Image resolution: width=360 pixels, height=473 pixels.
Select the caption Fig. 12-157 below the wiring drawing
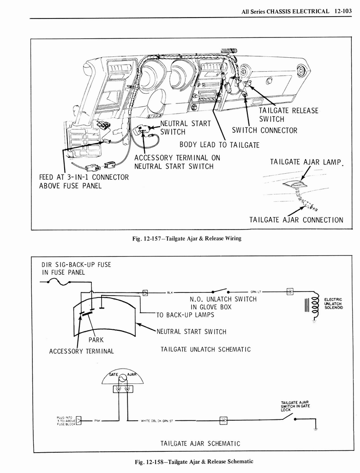coord(186,239)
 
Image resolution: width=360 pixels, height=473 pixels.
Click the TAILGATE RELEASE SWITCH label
coord(288,115)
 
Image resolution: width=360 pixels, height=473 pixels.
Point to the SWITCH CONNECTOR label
coord(264,130)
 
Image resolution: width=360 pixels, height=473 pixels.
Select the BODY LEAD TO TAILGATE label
coord(219,145)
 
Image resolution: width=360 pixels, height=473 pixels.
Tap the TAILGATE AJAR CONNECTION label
coord(296,219)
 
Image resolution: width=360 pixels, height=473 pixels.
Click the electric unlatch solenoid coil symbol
coord(316,305)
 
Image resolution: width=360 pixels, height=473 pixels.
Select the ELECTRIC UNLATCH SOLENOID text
coord(333,303)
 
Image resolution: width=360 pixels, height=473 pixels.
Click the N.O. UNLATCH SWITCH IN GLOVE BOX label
coord(223,303)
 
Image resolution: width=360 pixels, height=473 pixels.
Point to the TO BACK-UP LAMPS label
coord(187,315)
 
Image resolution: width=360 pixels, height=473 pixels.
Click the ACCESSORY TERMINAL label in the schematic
coord(81,351)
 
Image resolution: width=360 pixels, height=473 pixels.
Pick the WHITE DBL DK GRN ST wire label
coord(157,421)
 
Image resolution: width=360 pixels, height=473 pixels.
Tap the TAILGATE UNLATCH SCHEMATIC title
coord(205,349)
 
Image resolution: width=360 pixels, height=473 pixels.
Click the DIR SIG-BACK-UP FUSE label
coord(76,268)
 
